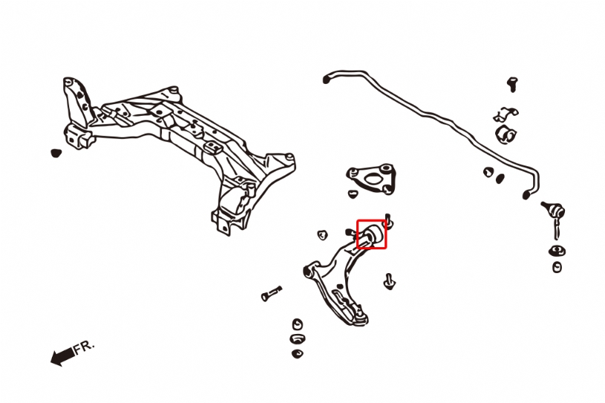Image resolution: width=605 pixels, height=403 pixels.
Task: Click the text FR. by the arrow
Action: point(84,347)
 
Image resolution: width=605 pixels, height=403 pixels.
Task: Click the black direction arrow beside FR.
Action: point(62,356)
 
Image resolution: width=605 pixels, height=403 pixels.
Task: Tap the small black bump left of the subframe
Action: point(56,153)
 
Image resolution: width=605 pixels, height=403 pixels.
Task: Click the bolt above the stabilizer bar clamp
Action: point(512,84)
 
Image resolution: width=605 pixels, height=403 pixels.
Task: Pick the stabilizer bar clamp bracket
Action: point(506,114)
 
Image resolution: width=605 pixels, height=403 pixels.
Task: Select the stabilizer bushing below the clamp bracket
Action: point(506,134)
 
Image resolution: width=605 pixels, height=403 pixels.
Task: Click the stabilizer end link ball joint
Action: point(554,211)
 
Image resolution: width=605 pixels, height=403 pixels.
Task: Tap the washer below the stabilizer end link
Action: point(557,251)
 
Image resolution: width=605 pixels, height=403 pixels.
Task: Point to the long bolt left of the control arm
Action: point(272,294)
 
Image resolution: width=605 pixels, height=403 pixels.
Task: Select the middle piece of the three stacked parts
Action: point(298,339)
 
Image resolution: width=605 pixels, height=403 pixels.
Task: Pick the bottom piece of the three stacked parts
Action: point(298,353)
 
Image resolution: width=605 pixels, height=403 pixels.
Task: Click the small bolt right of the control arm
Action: point(390,281)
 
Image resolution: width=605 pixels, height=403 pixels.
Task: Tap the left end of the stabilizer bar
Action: point(327,79)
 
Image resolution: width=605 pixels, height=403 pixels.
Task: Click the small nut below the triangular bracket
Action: point(353,194)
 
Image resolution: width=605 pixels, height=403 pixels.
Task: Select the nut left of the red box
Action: point(321,235)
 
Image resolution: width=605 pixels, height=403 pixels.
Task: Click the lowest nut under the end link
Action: point(557,267)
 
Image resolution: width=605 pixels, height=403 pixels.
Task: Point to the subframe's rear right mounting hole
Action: point(289,157)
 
